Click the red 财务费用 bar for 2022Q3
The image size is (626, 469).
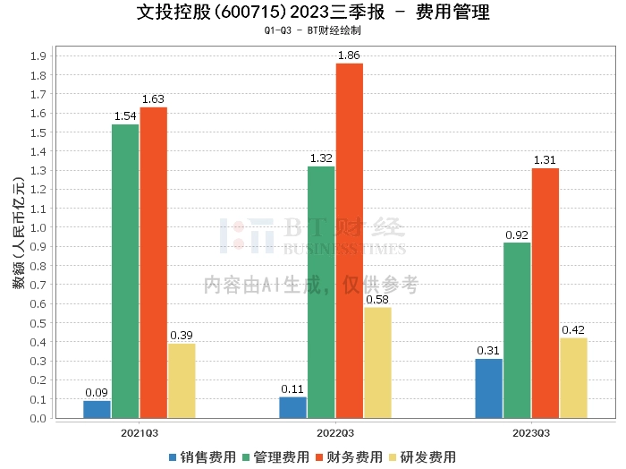[350, 241]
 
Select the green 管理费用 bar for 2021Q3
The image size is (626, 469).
[125, 271]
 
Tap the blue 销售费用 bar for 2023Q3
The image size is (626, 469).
[488, 388]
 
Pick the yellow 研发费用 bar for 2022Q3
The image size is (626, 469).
[377, 362]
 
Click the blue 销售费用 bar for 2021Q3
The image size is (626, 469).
[97, 409]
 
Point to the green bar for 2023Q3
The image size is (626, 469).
[517, 330]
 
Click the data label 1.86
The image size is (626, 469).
[349, 55]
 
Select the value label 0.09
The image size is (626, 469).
[97, 393]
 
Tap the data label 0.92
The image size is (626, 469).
[517, 234]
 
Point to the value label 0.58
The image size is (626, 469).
[377, 300]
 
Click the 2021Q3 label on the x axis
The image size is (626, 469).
[140, 433]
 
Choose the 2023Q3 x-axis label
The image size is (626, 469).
[531, 433]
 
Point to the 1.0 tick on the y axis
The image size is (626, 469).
[38, 227]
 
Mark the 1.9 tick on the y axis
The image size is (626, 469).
[38, 55]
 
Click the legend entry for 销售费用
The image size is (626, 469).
[202, 457]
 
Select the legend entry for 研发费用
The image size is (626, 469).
[422, 457]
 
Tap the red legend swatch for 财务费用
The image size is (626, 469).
[319, 457]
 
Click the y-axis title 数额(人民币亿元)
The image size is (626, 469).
[19, 233]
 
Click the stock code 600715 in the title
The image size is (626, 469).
[250, 13]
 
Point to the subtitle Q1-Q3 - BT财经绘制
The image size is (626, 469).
[313, 30]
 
